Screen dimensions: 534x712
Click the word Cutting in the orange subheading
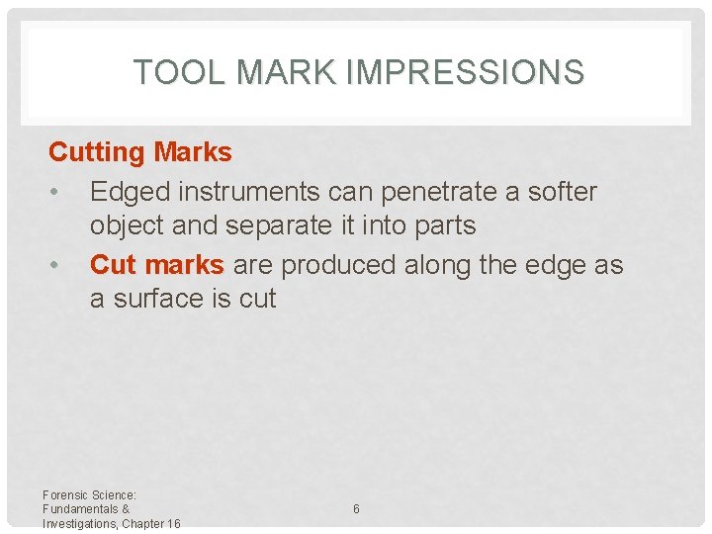click(96, 152)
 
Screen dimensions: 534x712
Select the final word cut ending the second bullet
click(257, 299)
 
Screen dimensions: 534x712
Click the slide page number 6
click(356, 509)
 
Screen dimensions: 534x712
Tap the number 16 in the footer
click(173, 523)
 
